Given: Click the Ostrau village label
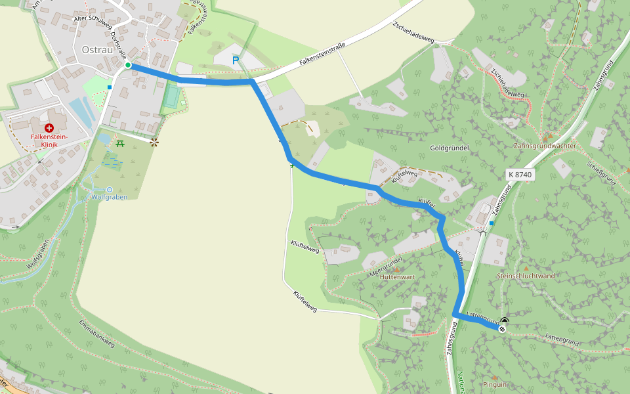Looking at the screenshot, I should click(x=96, y=49).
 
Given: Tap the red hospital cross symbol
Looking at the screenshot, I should click(x=50, y=128).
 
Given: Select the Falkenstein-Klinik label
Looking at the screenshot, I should click(x=50, y=140).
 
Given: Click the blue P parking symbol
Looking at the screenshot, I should click(x=236, y=60).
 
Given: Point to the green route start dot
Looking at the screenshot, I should click(x=129, y=65).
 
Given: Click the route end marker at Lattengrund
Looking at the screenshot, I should click(x=503, y=328).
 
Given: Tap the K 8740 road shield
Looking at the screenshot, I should click(x=520, y=175).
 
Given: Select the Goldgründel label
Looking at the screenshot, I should click(x=449, y=148).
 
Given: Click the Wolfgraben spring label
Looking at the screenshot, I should click(x=109, y=196).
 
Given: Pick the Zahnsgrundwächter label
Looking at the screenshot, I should click(x=545, y=146).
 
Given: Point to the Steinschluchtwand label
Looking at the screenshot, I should click(x=526, y=276).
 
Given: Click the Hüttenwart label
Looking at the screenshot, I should click(x=397, y=276).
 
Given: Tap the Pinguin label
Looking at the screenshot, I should click(x=495, y=384).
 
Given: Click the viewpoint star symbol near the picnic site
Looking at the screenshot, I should click(x=154, y=142).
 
